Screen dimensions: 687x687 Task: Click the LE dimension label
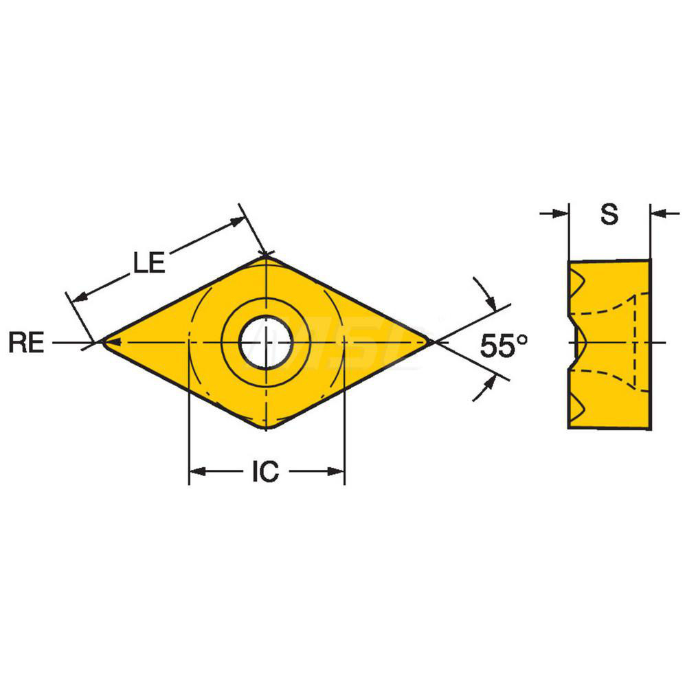[x=148, y=262]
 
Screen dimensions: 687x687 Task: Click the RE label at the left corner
[x=26, y=342]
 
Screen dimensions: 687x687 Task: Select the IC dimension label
[x=265, y=471]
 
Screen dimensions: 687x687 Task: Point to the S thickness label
[x=609, y=215]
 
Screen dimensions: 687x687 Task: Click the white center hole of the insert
[x=266, y=341]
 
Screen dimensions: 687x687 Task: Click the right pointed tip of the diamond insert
[x=430, y=341]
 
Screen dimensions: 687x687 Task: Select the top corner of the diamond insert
[x=266, y=256]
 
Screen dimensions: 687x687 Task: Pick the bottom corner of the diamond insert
[x=266, y=428]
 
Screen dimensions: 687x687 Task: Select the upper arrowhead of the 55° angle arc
[x=490, y=303]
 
